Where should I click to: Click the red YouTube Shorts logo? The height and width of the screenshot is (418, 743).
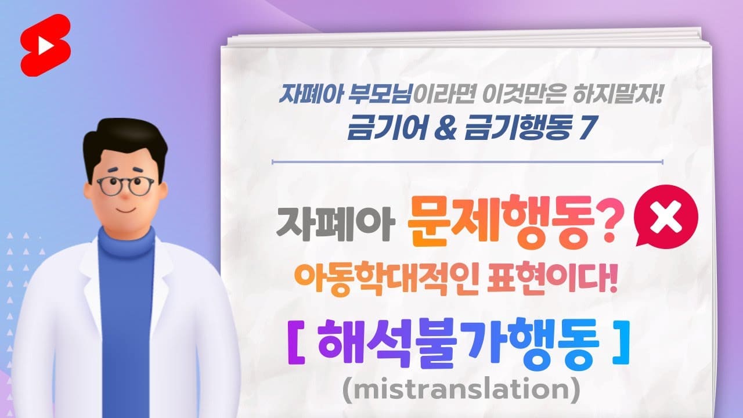coord(46,45)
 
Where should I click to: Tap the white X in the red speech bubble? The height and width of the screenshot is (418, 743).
coord(666,218)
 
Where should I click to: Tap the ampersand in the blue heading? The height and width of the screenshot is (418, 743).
coord(445,129)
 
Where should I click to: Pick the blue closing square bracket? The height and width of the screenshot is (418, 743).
coord(621,343)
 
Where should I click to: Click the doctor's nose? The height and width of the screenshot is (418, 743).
coord(125,195)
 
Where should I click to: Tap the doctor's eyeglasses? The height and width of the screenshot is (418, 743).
coord(125,186)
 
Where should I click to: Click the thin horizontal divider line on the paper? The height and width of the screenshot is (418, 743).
coord(467,162)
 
